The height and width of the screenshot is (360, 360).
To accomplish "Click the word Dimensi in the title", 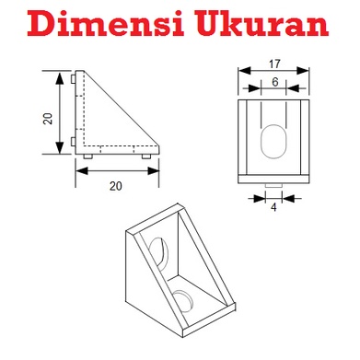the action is (x=106, y=22).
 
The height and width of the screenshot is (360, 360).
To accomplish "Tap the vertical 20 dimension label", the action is (x=48, y=119).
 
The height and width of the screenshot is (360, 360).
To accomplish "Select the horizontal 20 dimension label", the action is (x=116, y=186).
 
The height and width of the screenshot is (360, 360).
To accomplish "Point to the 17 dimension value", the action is (x=274, y=64).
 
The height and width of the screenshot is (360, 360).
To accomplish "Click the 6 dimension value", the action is (x=275, y=82).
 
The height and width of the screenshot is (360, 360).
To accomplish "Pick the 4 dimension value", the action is (x=273, y=207).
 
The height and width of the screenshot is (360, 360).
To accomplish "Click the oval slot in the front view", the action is (x=273, y=142).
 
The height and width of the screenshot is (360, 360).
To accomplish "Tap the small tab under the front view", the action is (x=273, y=186).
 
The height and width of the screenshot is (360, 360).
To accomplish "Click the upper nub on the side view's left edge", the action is (x=73, y=79).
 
